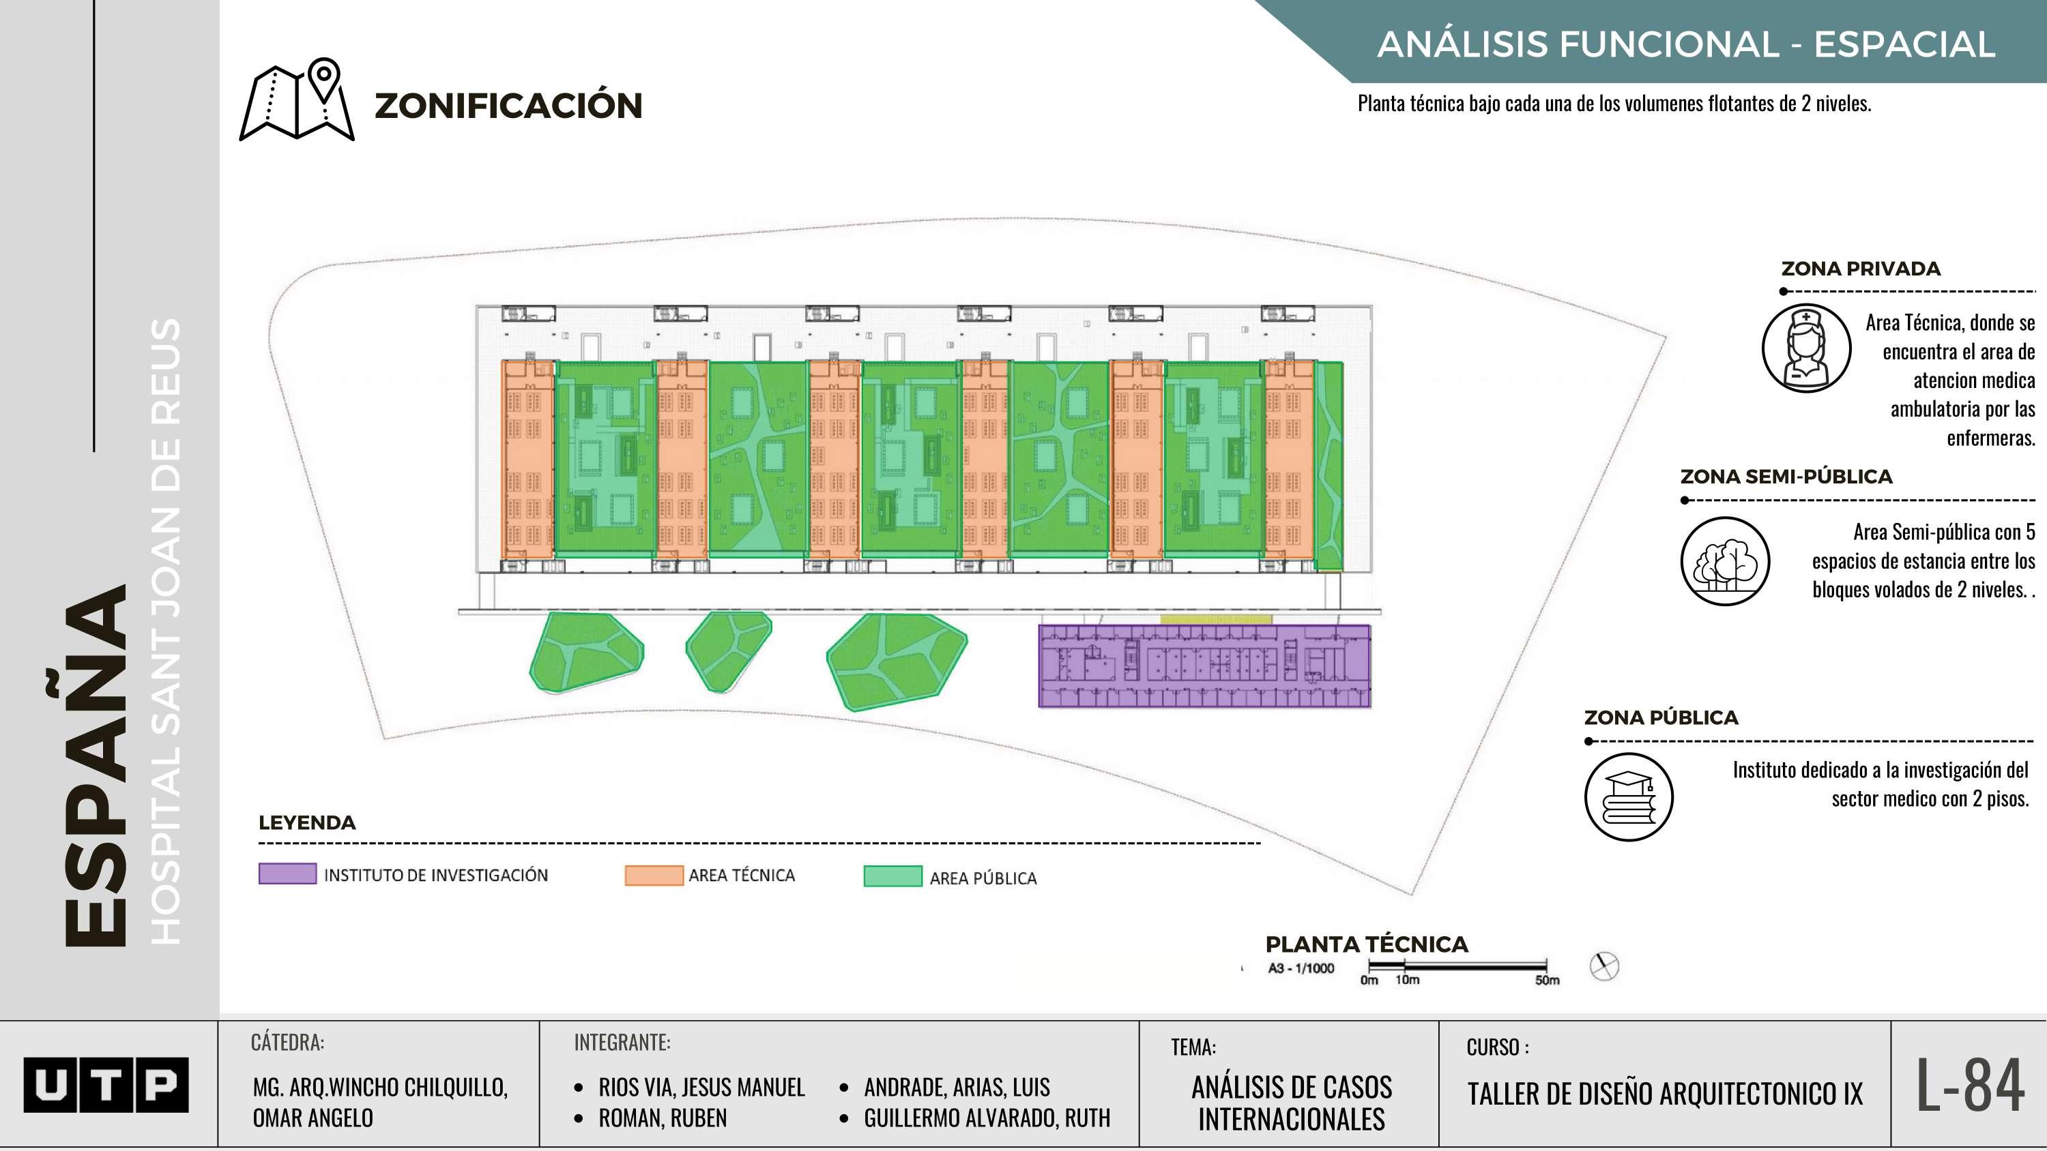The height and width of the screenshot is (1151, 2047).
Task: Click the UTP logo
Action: click(106, 1084)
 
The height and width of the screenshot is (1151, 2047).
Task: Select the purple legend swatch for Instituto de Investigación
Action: click(287, 873)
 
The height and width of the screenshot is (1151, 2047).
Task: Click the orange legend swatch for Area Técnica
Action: click(653, 876)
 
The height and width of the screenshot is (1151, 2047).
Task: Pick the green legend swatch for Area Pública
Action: click(892, 876)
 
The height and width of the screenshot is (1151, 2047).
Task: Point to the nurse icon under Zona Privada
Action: click(1806, 348)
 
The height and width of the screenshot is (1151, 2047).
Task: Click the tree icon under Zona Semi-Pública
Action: click(1724, 560)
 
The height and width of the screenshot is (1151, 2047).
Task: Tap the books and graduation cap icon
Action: click(1628, 796)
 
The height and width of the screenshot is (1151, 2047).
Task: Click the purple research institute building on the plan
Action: click(1204, 666)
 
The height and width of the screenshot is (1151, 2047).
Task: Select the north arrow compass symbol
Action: click(1603, 966)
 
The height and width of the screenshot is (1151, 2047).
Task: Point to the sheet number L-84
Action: click(1970, 1085)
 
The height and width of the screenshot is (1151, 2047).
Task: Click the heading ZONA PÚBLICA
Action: click(1661, 717)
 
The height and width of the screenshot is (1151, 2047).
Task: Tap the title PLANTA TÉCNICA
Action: click(1366, 944)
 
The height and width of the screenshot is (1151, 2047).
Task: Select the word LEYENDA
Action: click(307, 822)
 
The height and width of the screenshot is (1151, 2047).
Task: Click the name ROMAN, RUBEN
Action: click(662, 1118)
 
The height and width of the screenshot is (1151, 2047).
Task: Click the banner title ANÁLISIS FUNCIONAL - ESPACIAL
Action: click(1685, 44)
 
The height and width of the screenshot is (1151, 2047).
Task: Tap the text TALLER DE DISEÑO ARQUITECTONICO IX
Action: click(1664, 1094)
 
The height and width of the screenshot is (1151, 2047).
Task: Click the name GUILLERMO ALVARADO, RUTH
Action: click(986, 1118)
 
